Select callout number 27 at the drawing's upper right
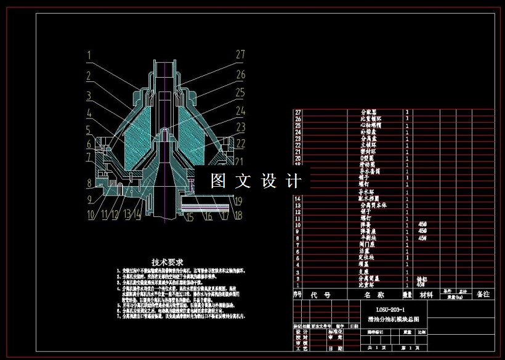click(240, 54)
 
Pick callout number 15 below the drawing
click(189, 216)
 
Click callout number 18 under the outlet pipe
click(238, 216)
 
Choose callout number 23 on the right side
click(240, 126)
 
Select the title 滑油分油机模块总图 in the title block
click(393, 320)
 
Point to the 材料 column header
click(426, 295)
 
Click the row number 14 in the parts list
click(298, 198)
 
